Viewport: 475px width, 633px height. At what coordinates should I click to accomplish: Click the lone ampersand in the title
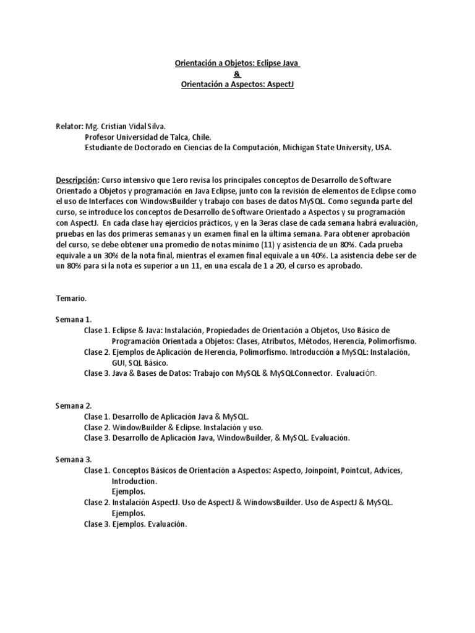pos(237,74)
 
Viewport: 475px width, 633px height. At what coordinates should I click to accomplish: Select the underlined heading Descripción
pos(77,179)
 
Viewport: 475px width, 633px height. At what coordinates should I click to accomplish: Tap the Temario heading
pos(71,299)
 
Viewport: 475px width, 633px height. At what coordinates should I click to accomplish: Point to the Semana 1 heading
pos(74,320)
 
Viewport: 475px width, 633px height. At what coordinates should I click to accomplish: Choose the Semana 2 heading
pos(74,406)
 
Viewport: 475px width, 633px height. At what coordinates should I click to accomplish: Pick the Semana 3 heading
pos(74,459)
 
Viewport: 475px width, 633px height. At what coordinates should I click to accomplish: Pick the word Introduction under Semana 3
pos(134,481)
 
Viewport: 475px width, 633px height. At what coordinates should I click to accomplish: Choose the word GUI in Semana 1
pos(118,363)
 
